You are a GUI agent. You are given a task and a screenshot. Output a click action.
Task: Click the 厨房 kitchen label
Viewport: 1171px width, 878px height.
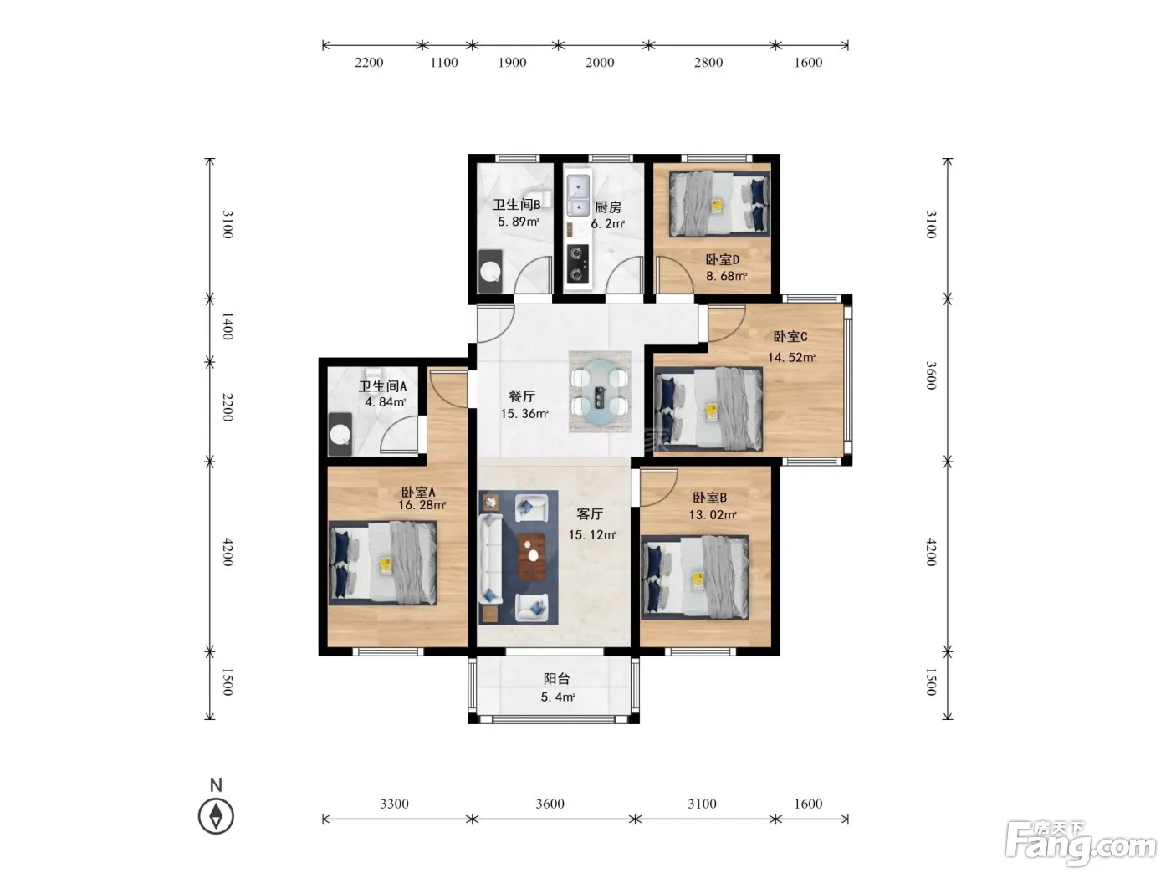click(607, 207)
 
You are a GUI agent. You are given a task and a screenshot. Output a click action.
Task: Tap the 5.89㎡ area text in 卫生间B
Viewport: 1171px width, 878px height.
click(518, 222)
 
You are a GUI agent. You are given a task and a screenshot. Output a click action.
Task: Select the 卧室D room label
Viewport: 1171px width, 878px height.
click(722, 259)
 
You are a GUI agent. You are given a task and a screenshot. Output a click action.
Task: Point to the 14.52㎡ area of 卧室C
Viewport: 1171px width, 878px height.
click(790, 357)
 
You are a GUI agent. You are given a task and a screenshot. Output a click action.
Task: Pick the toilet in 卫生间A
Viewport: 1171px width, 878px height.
click(340, 435)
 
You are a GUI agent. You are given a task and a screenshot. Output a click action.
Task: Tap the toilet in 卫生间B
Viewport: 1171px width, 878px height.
click(490, 271)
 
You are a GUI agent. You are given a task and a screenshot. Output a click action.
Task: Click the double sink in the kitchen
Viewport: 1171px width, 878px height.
click(578, 196)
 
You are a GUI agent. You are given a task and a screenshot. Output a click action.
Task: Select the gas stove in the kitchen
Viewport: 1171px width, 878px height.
click(577, 263)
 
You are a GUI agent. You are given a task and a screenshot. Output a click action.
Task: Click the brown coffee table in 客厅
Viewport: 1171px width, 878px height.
click(532, 557)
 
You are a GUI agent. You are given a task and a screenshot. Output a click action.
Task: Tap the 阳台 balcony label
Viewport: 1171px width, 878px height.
click(556, 679)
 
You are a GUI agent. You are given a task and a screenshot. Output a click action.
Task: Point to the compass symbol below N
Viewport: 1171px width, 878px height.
click(216, 815)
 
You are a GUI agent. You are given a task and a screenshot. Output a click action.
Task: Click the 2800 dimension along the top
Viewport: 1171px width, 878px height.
click(708, 63)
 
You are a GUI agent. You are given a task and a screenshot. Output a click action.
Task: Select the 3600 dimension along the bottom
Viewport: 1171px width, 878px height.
click(550, 804)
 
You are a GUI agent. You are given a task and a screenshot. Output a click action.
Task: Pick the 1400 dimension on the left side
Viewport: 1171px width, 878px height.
click(228, 326)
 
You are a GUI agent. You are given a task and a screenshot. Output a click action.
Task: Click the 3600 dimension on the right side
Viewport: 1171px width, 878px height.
click(930, 375)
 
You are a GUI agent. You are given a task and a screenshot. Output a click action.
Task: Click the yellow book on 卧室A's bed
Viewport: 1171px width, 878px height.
click(386, 565)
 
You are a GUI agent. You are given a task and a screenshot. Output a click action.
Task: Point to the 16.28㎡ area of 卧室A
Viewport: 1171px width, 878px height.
click(422, 505)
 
